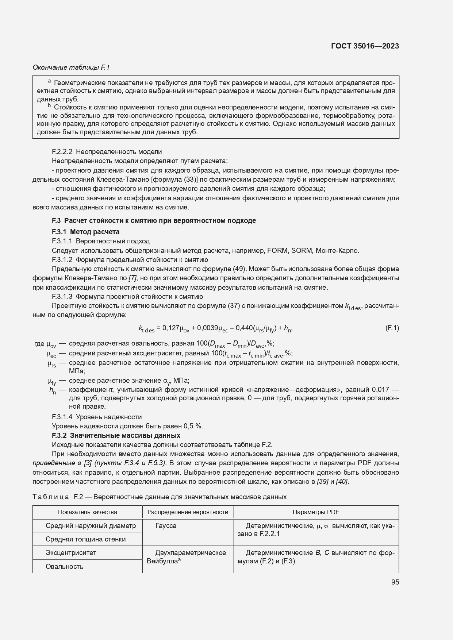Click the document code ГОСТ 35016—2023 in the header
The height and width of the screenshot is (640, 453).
tap(365, 46)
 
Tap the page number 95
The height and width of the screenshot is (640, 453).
tap(395, 582)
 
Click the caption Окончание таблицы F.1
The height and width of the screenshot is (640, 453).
tap(71, 68)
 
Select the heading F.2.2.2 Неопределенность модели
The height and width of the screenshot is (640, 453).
tap(107, 152)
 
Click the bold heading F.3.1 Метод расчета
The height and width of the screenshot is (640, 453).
tap(85, 232)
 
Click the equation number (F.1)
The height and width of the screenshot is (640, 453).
tap(392, 328)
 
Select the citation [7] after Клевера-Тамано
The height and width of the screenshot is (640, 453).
tap(133, 278)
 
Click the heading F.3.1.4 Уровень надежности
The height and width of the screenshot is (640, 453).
tap(97, 417)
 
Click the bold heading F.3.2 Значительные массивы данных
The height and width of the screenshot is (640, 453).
tap(116, 436)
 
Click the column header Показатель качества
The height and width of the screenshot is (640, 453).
tap(88, 512)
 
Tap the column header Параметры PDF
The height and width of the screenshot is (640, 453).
tap(316, 512)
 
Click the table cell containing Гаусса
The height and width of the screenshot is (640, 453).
tap(166, 526)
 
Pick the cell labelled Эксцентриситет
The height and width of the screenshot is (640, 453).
tap(71, 553)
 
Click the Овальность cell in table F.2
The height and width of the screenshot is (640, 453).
tap(65, 567)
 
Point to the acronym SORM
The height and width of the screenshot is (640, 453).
tap(302, 251)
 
